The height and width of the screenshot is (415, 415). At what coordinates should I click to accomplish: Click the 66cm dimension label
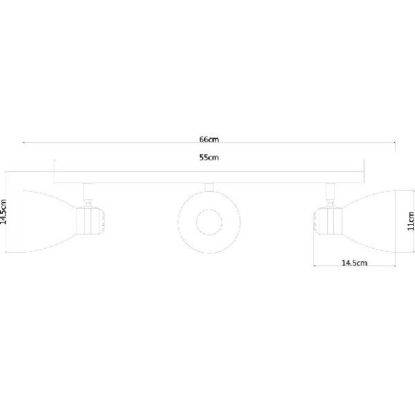point(209,139)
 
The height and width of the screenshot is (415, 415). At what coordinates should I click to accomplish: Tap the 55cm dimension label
point(209,157)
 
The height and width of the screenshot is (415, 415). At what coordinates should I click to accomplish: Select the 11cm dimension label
point(411,221)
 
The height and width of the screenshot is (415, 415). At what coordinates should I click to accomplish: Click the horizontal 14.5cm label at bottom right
point(355,263)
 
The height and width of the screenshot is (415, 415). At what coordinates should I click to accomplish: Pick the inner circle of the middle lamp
point(209,223)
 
